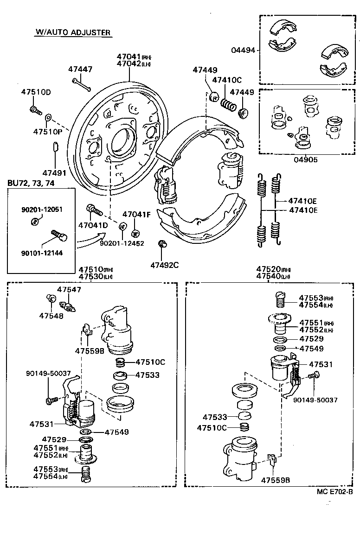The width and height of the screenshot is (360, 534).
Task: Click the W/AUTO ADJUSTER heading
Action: (x=73, y=32)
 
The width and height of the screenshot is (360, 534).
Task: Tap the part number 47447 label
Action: (x=80, y=69)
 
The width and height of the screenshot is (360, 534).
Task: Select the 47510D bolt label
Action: (x=36, y=92)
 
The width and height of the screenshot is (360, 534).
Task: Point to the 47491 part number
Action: (x=54, y=172)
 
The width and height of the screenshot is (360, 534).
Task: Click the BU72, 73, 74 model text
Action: (x=31, y=183)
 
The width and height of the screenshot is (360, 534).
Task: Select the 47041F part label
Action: (x=136, y=215)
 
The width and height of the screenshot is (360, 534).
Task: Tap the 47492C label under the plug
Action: (x=164, y=265)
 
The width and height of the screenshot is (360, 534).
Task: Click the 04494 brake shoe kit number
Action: (x=243, y=50)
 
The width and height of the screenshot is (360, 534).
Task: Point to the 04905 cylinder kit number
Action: (x=305, y=159)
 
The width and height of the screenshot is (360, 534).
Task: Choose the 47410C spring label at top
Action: (x=227, y=80)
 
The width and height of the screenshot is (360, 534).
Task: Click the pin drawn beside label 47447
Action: (x=82, y=84)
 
